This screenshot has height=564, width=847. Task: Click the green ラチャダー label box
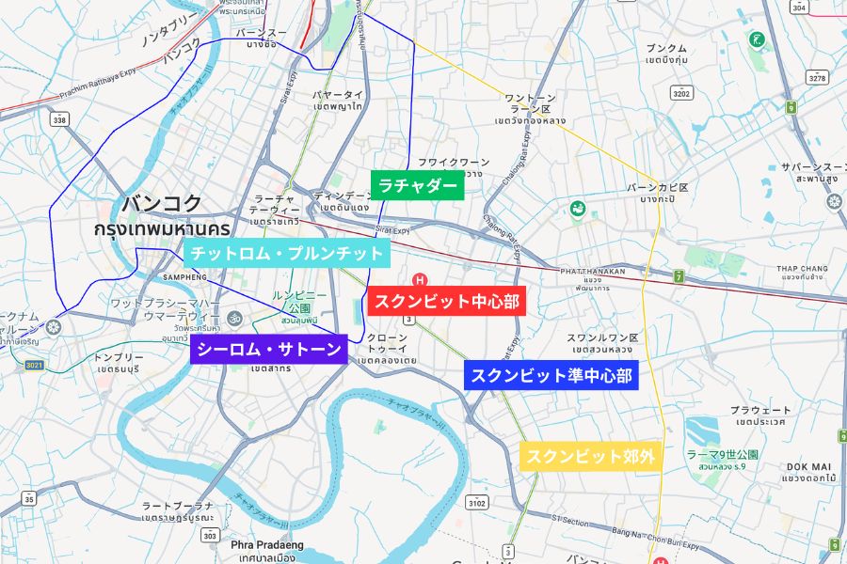418,185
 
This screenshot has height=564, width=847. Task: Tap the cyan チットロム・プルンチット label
286,253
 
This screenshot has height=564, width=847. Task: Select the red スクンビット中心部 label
445,302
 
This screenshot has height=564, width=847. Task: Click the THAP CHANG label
801,269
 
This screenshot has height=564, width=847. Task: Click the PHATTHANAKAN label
592,271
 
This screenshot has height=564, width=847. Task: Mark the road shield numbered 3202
682,93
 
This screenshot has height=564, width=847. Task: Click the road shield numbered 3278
817,77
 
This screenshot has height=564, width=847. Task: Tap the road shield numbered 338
60,119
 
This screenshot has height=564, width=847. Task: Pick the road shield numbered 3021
34,365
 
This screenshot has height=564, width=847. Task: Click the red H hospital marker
420,279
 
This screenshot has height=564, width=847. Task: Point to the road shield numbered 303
208,534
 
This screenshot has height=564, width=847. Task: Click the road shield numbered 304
800,8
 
